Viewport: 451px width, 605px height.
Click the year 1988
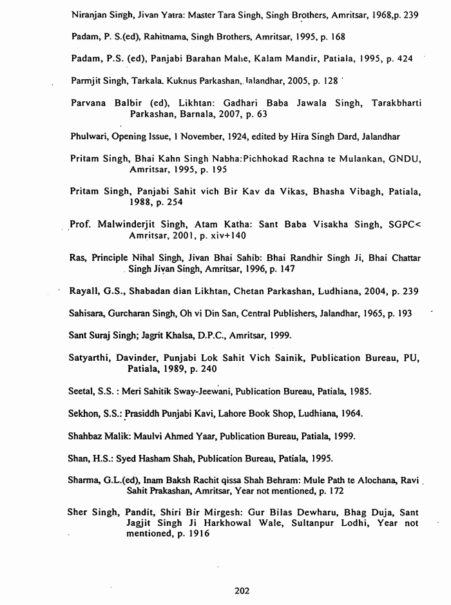(141, 202)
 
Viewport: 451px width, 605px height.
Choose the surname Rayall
(82, 292)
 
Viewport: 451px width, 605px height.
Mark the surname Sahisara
(88, 313)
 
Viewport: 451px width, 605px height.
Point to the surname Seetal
(81, 391)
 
